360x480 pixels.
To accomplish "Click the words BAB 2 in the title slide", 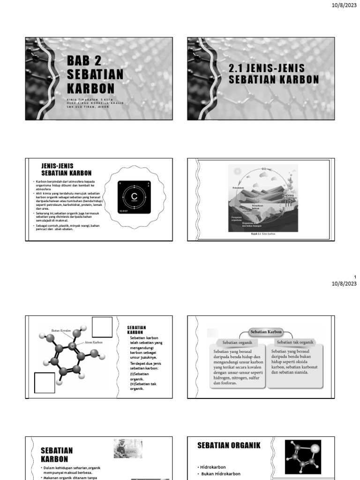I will click(84, 60).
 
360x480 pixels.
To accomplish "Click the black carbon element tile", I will click(135, 197).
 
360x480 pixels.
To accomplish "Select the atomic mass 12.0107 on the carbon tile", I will click(123, 211).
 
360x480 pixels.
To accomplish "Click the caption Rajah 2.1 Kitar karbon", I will click(263, 233).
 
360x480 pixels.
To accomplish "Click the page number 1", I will click(355, 277).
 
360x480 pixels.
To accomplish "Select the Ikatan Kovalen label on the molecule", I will click(60, 331).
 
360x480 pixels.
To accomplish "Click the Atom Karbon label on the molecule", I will click(93, 343).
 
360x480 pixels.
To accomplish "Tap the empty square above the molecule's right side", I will click(102, 327).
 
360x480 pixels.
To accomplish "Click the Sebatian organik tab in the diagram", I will click(237, 343).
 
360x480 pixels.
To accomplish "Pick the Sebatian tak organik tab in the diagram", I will click(295, 343).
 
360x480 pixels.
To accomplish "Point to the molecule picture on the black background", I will click(303, 457).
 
